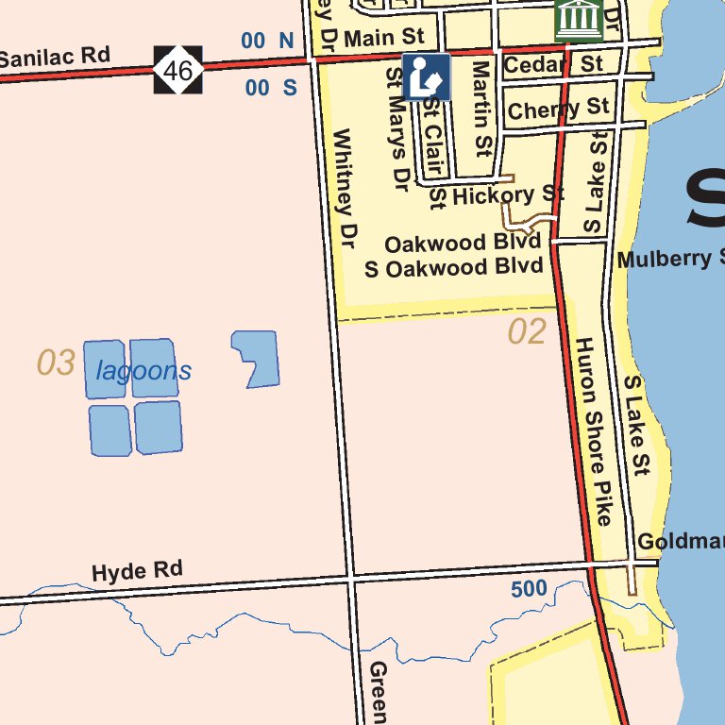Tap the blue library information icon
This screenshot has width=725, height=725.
[427, 77]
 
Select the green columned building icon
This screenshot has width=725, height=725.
[579, 19]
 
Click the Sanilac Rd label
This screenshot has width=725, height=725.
[55, 58]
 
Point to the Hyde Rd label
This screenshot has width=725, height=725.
[137, 571]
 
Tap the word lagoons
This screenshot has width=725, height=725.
[143, 371]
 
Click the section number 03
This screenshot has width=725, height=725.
[56, 362]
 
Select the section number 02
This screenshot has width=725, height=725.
[527, 332]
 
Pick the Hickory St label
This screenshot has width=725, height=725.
[508, 195]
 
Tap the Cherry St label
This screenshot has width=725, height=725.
[558, 110]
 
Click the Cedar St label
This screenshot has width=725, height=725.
[552, 65]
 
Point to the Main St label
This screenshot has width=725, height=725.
[384, 39]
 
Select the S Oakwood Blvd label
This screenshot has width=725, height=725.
[454, 268]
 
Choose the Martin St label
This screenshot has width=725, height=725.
[482, 109]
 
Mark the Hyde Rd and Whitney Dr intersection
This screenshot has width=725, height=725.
[351, 575]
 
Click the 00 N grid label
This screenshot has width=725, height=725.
[269, 41]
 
